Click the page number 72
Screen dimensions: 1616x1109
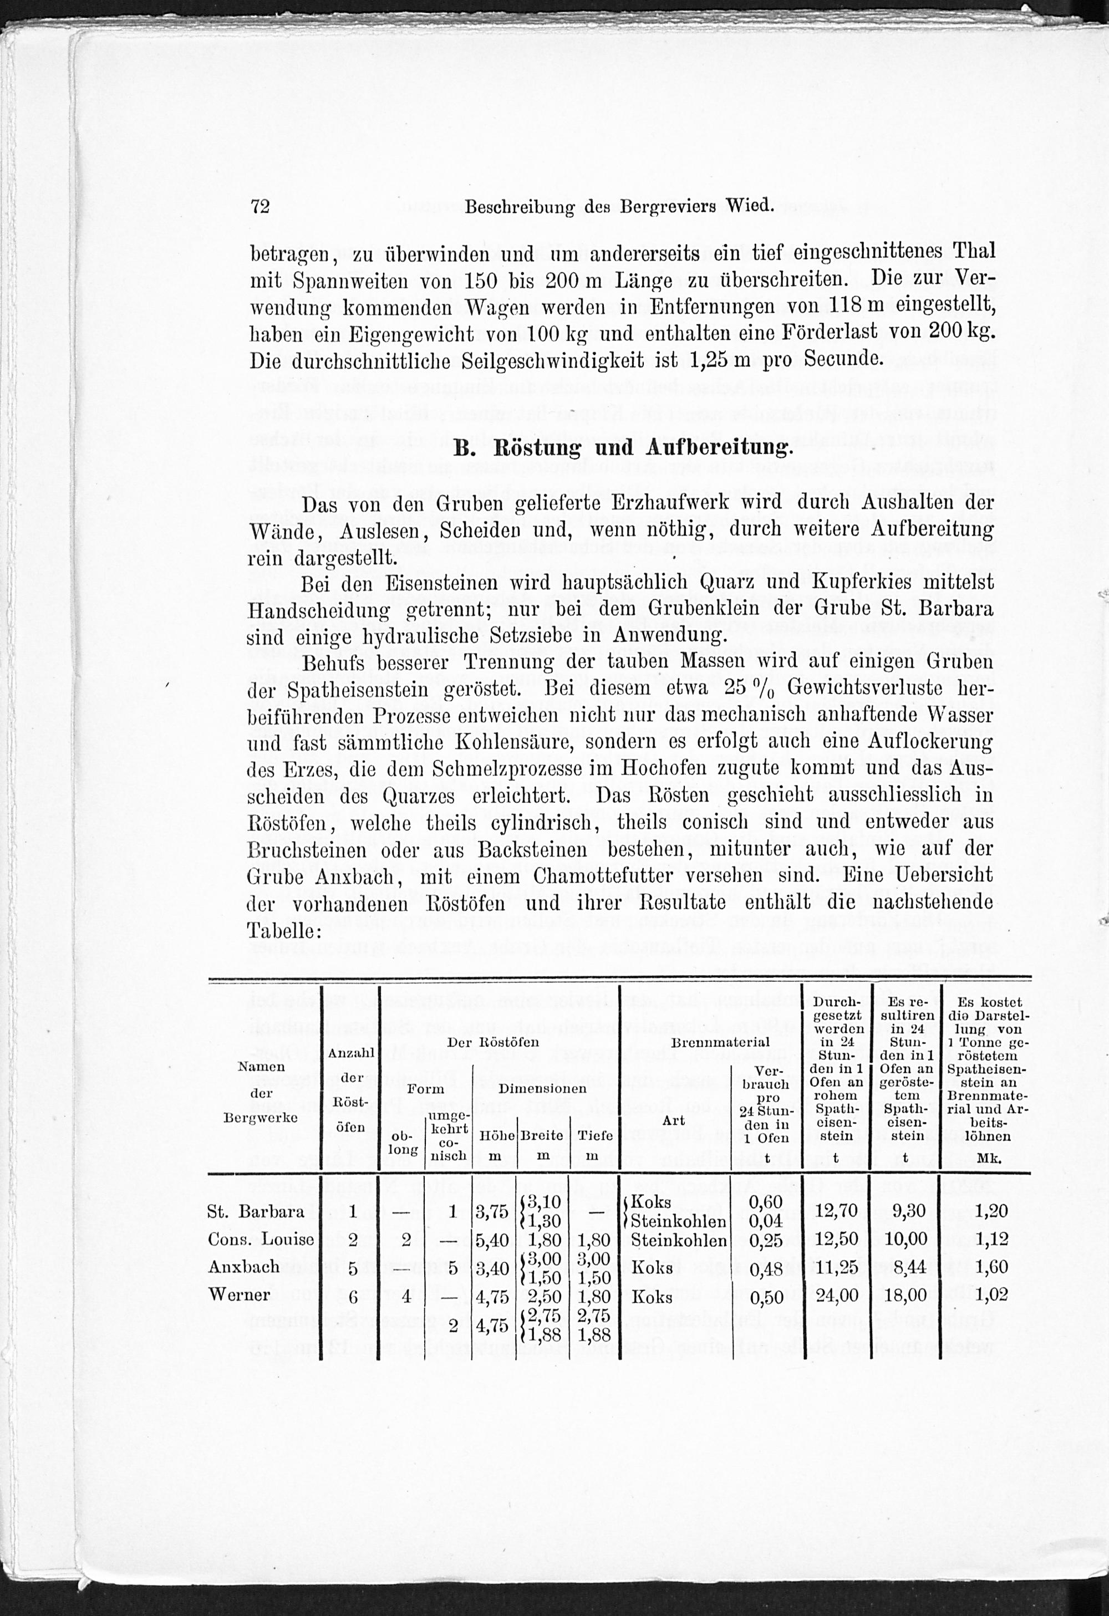(x=260, y=207)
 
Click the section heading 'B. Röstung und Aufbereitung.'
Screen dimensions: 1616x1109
(x=623, y=447)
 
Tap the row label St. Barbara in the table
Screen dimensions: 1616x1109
(x=256, y=1211)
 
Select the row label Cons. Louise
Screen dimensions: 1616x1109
(x=261, y=1239)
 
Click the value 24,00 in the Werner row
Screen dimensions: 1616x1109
(x=836, y=1296)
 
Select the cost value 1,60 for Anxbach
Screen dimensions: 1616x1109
(x=991, y=1267)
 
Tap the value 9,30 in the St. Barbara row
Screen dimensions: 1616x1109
(x=909, y=1211)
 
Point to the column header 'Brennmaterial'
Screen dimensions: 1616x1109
(x=720, y=1042)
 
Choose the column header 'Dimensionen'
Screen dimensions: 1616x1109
(x=542, y=1088)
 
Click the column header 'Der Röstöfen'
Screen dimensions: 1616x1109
(x=493, y=1042)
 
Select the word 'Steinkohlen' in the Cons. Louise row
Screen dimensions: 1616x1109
(x=679, y=1240)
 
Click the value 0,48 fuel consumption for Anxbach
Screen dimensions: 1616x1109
(x=767, y=1268)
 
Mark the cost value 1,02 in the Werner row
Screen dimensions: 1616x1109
(x=991, y=1295)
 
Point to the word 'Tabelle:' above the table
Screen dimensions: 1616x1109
(x=284, y=930)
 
